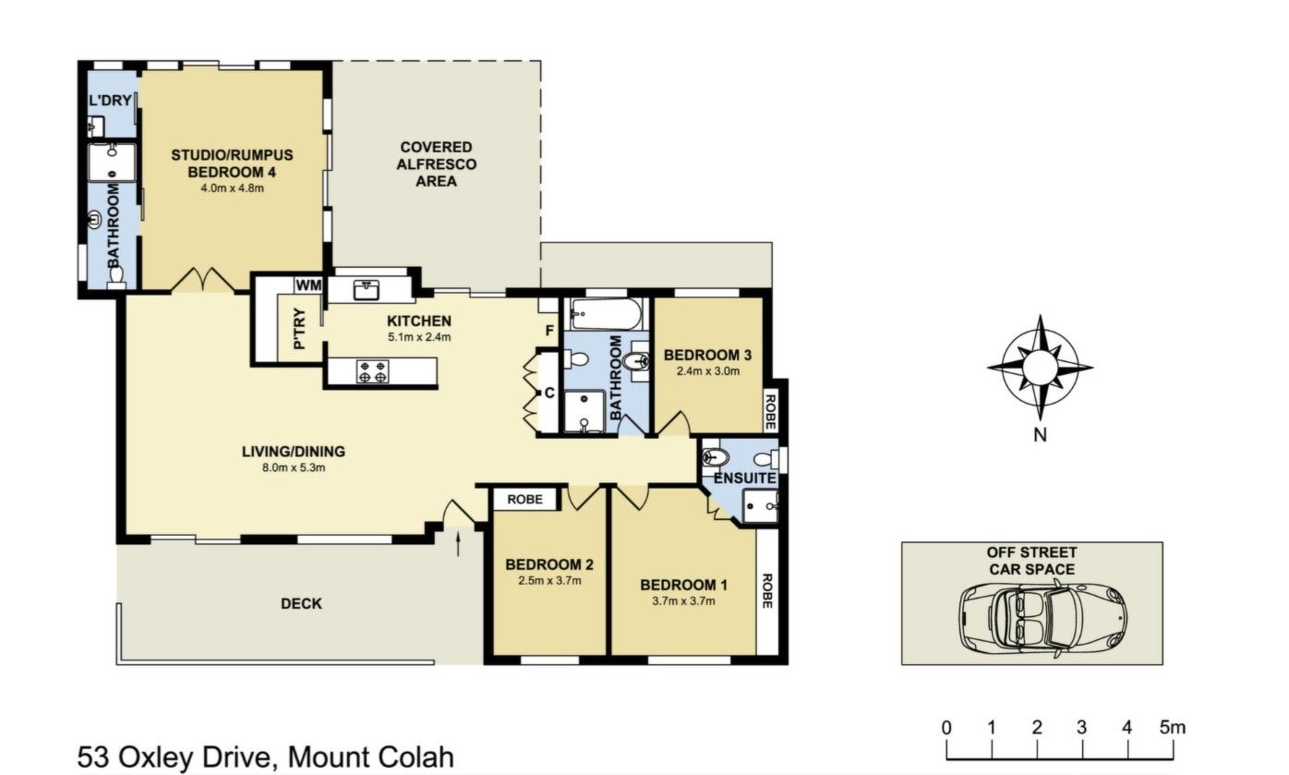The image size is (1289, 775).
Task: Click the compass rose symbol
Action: pos(1040,368)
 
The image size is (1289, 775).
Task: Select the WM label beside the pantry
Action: pos(308,285)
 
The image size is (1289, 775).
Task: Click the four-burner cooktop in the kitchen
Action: pos(372,371)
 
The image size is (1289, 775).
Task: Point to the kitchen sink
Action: pos(366,290)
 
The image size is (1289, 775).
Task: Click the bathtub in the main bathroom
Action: pos(606,314)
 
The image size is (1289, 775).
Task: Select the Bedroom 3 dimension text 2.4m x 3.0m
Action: pos(708,371)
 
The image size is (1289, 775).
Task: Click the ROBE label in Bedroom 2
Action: pos(524,499)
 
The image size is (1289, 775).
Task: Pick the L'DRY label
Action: pos(110,100)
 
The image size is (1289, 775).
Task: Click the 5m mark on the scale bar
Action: pos(1172,728)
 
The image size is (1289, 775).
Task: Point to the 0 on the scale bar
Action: pos(946,728)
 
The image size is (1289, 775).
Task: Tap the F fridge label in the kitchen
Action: pos(549,331)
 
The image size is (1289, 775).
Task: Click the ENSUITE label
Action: pos(744,478)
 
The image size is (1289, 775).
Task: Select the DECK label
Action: pos(302,603)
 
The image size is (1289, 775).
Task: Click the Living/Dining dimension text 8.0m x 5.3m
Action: pos(294,467)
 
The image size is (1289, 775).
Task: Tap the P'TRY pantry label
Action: pos(299,329)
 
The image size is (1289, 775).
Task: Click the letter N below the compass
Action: pos(1040,435)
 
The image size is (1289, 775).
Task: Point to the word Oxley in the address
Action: pos(160,757)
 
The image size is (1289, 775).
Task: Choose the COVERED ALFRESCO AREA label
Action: pos(436,164)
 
